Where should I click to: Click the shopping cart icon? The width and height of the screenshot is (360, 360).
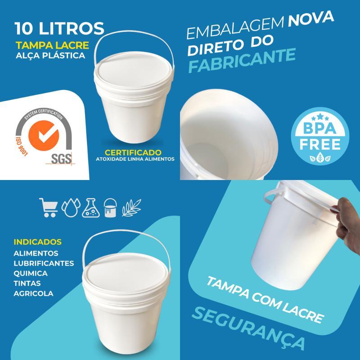tap(49, 207)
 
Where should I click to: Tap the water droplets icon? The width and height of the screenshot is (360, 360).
tap(71, 207)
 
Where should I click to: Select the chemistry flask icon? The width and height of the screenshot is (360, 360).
tap(91, 208)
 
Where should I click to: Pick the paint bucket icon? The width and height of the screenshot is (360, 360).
tap(110, 208)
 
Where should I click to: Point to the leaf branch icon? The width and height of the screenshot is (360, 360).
tap(131, 207)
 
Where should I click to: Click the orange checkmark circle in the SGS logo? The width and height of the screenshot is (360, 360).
tap(44, 135)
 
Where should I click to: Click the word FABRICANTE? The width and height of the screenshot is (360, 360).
tap(242, 60)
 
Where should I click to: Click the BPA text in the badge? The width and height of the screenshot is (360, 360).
tap(319, 128)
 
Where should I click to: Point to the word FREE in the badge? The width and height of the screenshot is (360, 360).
tap(320, 144)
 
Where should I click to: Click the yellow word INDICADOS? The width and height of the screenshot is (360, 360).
tap(38, 242)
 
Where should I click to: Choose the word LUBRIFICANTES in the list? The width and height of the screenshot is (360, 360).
tap(44, 263)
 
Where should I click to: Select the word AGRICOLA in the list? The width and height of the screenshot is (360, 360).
tap(33, 293)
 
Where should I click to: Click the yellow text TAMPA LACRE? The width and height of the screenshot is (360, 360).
tap(52, 45)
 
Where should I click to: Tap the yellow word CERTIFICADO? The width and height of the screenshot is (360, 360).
tap(133, 153)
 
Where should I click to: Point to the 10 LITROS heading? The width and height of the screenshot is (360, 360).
tap(59, 28)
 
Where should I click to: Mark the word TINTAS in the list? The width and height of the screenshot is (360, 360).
tap(27, 283)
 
